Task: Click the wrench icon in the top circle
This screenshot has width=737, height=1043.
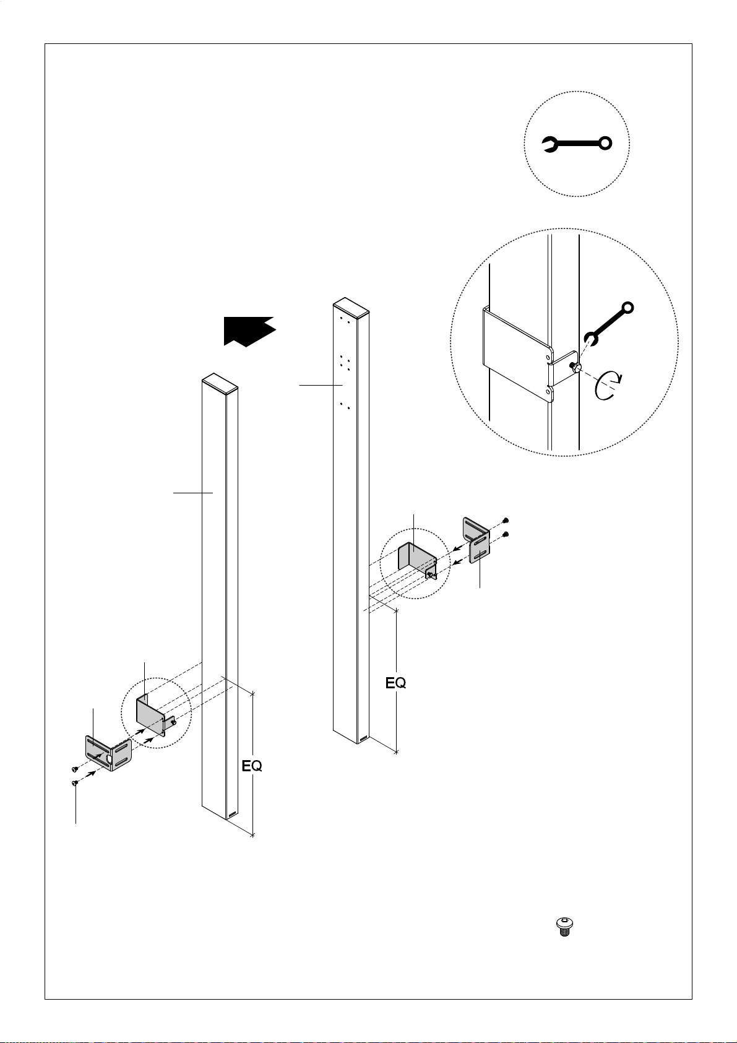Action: tap(577, 144)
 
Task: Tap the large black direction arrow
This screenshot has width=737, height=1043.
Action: tap(249, 331)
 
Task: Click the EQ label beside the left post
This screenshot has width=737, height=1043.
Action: tap(252, 766)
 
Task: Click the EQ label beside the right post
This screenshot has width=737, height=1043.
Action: tap(396, 683)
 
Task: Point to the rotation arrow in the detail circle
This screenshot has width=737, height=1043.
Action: tap(608, 386)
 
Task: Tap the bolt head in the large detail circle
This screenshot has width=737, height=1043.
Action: tap(576, 368)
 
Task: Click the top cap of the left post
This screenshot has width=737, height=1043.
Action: tap(220, 384)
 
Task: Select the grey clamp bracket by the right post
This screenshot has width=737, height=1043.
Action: tap(417, 560)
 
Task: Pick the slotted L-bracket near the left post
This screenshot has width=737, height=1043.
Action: tap(108, 753)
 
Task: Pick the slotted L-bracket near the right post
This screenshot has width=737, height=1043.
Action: tap(476, 540)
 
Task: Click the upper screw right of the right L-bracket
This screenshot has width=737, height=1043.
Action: tap(506, 521)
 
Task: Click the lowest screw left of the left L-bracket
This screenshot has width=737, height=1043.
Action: tap(75, 784)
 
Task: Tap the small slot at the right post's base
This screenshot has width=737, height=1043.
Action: tap(364, 738)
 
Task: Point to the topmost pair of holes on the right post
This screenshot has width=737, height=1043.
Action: tap(345, 321)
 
